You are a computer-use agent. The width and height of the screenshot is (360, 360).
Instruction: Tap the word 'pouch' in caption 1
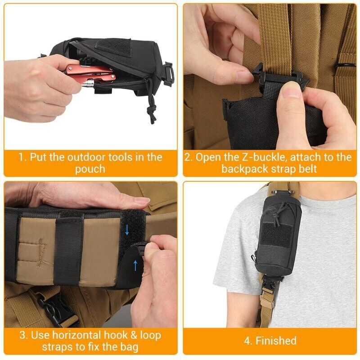tap(90, 169)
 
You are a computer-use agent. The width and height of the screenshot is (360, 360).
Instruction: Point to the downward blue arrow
tap(127, 230)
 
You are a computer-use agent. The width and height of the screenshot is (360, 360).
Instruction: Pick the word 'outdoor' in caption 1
tap(88, 157)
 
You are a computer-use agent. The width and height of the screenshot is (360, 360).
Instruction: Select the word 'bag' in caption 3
tap(128, 347)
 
